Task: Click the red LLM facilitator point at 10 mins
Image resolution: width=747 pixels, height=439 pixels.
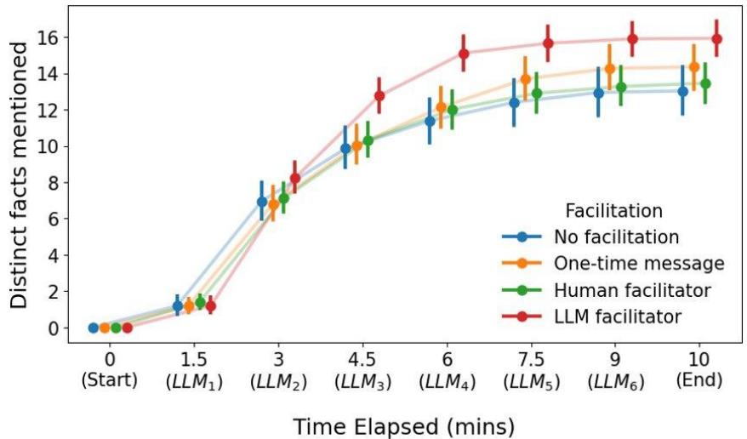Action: click(x=716, y=38)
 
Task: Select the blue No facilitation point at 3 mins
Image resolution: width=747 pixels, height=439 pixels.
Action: click(x=262, y=202)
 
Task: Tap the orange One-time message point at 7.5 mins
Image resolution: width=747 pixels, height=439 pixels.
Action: click(x=525, y=79)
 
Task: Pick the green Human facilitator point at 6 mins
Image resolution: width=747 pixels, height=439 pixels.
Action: click(x=452, y=110)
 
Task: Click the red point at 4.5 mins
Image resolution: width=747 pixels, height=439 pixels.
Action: click(x=379, y=96)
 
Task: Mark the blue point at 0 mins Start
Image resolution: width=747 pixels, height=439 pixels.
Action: click(x=94, y=328)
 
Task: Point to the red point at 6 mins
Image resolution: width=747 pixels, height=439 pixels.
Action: click(x=464, y=54)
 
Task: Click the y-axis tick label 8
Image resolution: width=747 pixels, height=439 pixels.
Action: click(x=53, y=183)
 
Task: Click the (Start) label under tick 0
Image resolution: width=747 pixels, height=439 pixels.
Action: click(x=109, y=380)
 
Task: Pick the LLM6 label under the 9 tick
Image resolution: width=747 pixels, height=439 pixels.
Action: click(x=616, y=381)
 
